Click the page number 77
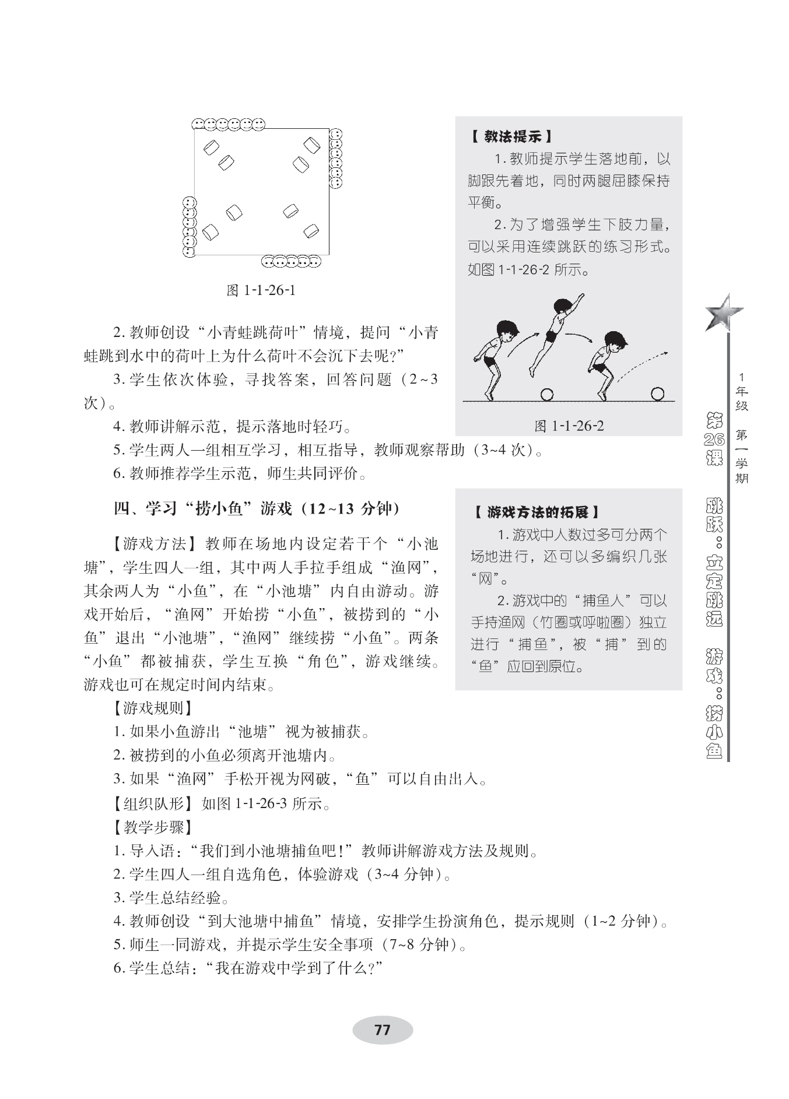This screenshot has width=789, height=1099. [x=382, y=1030]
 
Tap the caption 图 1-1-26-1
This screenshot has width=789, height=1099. [x=261, y=290]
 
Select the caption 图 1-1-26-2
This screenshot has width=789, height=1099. [x=569, y=426]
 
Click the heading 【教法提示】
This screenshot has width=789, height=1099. [x=510, y=137]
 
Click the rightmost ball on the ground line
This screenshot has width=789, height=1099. [x=657, y=395]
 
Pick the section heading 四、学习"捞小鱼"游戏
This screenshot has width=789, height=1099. [x=257, y=509]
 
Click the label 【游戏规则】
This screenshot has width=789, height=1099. [x=153, y=708]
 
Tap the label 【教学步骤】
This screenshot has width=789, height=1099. [x=153, y=827]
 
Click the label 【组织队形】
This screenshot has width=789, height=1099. [x=153, y=804]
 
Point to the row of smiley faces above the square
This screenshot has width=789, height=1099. [x=228, y=124]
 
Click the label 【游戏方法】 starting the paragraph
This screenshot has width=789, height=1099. [x=153, y=544]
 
